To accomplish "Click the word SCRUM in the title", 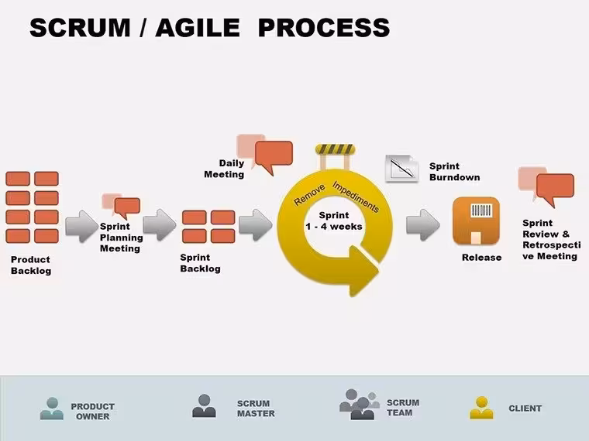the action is tap(80, 28).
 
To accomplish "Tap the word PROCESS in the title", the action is tap(324, 28).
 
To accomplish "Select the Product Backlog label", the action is tap(31, 265).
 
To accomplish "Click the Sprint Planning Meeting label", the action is tap(122, 238).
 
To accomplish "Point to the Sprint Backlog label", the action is tap(200, 263).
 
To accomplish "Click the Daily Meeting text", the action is tap(224, 169).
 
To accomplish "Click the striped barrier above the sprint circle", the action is tap(335, 149).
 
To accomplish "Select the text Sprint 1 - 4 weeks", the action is tap(334, 220).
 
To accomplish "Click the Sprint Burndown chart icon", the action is tap(402, 169).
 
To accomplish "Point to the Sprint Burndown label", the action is tap(454, 172).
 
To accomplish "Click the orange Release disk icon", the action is tap(477, 220).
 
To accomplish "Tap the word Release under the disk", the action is tap(481, 258).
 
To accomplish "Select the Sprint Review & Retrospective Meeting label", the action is tap(552, 240).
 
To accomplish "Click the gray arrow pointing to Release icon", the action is tap(423, 225).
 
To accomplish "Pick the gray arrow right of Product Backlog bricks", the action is tap(82, 226).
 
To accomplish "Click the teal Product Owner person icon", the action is tap(52, 409).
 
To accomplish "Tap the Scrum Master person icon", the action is tap(204, 405).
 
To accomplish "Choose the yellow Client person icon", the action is tap(481, 408).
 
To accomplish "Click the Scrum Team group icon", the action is tap(359, 405).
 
